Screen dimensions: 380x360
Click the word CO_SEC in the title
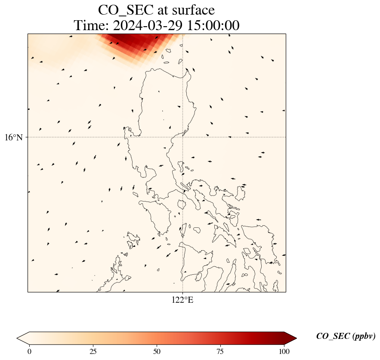tap(126, 10)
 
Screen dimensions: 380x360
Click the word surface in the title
tap(193, 10)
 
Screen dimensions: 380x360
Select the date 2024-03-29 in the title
tap(148, 25)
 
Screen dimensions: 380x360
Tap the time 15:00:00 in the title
tap(213, 25)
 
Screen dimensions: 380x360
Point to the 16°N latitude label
tap(14, 137)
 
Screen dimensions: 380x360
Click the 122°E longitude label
tap(182, 300)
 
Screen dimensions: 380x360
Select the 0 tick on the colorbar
tap(29, 351)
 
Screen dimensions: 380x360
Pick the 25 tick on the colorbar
tap(93, 351)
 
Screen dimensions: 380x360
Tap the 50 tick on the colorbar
tap(157, 351)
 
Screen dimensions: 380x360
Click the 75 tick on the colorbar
tap(220, 351)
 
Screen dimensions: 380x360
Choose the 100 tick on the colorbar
tap(284, 351)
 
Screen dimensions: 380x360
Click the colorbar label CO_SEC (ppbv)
tap(346, 336)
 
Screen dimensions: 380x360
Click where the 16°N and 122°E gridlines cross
tap(182, 137)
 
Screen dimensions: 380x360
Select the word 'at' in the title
tap(163, 11)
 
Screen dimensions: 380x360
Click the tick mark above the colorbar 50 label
tap(157, 345)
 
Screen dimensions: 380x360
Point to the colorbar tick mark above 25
tap(93, 345)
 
